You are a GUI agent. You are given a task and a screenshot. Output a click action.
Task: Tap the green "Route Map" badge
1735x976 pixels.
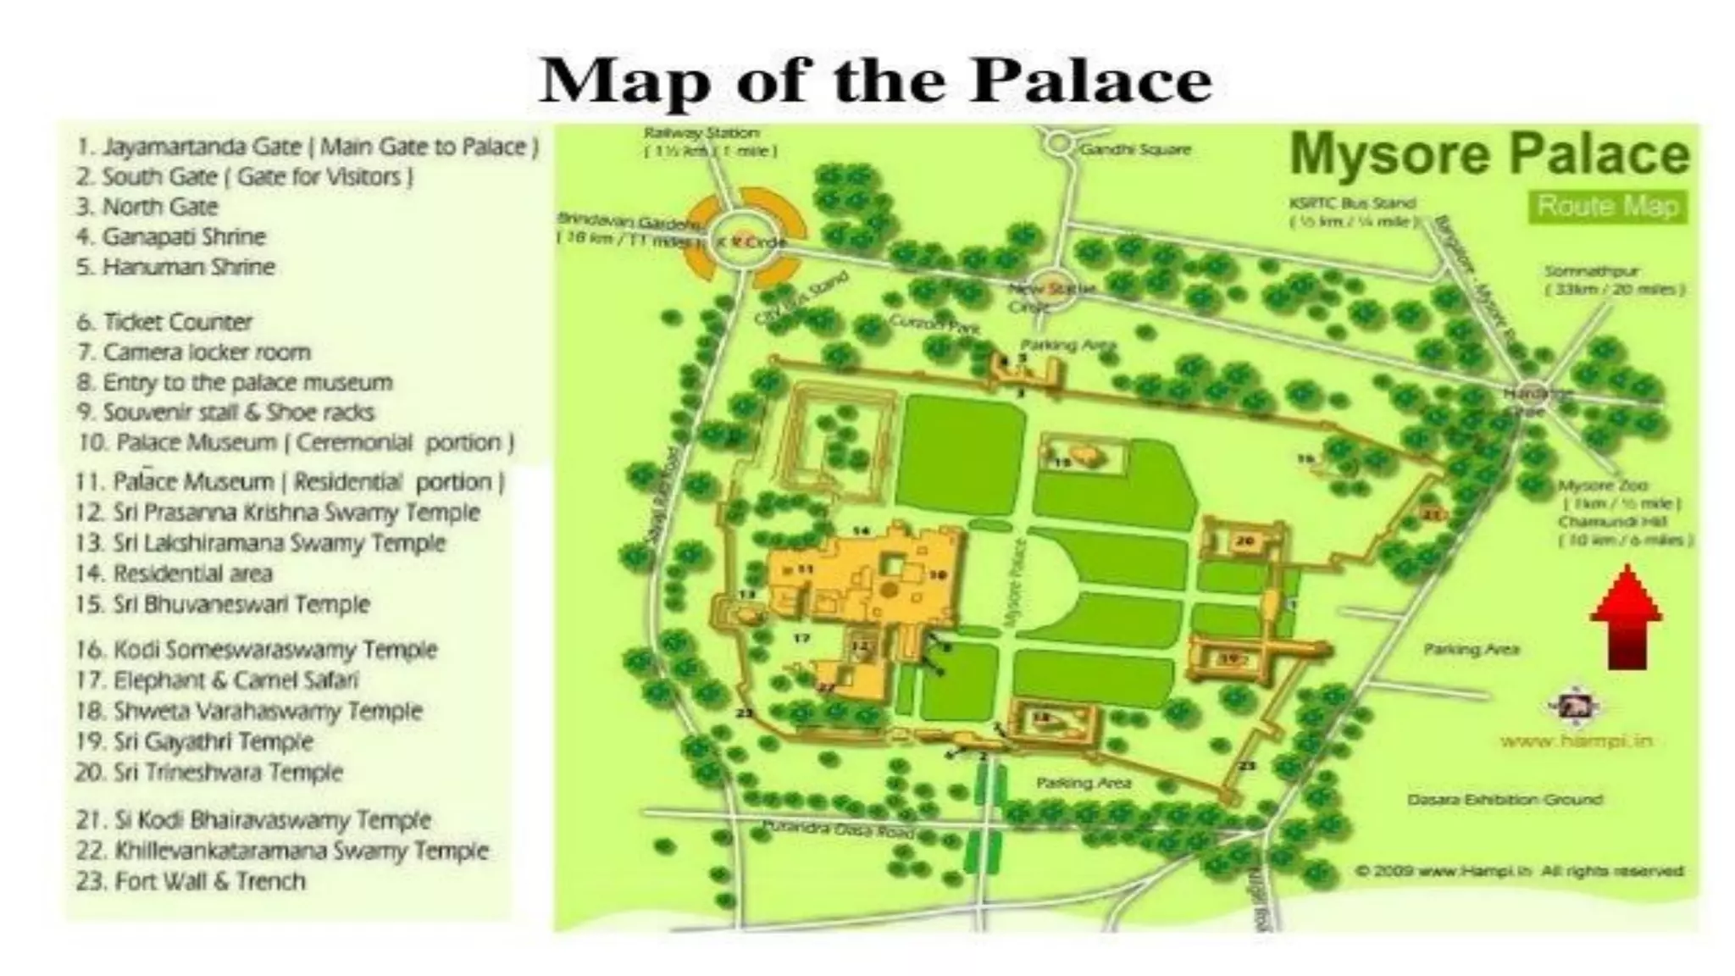click(x=1607, y=207)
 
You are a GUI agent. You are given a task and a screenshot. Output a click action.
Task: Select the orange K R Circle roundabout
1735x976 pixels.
click(x=744, y=241)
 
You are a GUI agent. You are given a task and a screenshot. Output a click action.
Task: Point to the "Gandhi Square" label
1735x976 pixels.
click(x=1135, y=150)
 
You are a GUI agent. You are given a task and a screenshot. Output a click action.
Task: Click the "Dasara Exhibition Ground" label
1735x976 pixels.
click(x=1504, y=799)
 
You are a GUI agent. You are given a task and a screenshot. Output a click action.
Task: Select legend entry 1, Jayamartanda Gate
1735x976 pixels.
click(x=308, y=147)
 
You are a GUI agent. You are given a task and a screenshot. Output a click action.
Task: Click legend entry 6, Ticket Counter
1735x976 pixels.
click(x=165, y=322)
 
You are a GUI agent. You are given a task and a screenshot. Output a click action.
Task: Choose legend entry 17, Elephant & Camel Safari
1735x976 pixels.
click(x=218, y=680)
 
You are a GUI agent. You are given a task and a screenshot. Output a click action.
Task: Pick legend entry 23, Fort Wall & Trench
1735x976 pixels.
click(x=191, y=881)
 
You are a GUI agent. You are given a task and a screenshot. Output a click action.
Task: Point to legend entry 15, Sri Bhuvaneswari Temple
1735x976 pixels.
click(x=223, y=604)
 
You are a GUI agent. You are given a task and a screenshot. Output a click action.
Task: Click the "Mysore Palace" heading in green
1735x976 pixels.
click(x=1488, y=155)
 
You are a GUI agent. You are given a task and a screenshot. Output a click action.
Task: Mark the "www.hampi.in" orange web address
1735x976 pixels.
click(x=1576, y=741)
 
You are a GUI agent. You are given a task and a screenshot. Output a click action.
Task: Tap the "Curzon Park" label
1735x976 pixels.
click(x=934, y=323)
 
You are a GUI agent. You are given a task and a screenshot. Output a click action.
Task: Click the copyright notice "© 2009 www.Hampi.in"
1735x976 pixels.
click(x=1519, y=870)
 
